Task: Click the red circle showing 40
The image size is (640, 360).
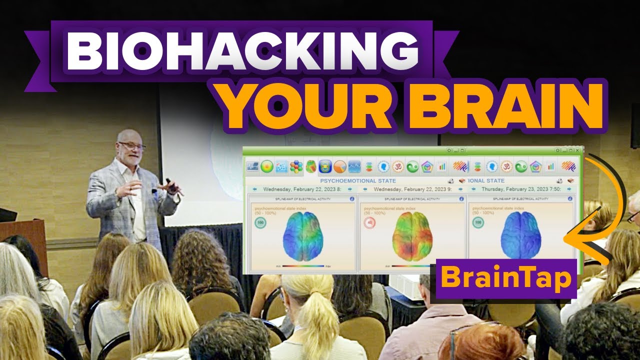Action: pos(369,223)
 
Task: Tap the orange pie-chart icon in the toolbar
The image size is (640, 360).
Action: pos(340,166)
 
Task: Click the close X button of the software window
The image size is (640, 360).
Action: pos(577,150)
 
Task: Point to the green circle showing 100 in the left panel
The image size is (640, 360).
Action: pos(260,223)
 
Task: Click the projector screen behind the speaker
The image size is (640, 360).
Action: pos(200,150)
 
